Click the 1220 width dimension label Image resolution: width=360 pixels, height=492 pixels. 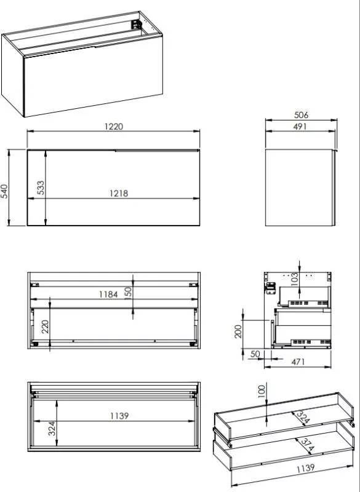(114, 127)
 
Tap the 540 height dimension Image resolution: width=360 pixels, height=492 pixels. (4, 191)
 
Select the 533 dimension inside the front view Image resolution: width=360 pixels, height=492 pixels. (41, 188)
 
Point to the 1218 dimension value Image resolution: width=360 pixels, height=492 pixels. (119, 193)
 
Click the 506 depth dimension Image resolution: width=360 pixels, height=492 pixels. (301, 115)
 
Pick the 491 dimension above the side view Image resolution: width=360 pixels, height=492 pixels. (300, 127)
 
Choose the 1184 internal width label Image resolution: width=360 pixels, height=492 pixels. (108, 295)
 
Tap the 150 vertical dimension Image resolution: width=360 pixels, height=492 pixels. (128, 294)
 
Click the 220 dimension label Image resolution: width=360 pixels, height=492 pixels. (45, 327)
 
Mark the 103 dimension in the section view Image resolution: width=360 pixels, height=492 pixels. (294, 279)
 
